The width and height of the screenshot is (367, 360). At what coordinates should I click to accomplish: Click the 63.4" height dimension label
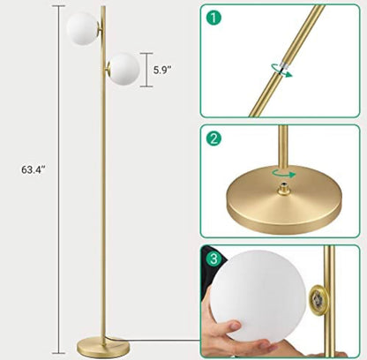(x=34, y=169)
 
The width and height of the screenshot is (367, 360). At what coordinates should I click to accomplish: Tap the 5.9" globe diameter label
(x=161, y=70)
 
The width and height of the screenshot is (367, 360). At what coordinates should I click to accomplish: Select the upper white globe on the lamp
(x=83, y=28)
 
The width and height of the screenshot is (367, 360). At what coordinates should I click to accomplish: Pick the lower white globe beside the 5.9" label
(x=124, y=69)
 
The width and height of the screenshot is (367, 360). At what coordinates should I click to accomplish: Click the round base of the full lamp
(x=103, y=348)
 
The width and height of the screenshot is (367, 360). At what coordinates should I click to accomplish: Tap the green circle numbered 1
(x=213, y=18)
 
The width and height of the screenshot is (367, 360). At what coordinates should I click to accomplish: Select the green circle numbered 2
(x=213, y=138)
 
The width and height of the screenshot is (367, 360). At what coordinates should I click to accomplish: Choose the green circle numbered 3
(x=213, y=259)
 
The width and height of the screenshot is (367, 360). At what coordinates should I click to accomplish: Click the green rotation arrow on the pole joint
(x=281, y=71)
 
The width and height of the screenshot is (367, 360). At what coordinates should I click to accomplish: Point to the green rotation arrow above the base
(x=283, y=173)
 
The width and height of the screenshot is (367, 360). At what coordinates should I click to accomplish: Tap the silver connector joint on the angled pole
(x=284, y=66)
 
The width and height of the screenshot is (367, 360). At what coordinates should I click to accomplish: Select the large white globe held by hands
(x=254, y=296)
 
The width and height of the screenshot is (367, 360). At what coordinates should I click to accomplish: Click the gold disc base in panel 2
(x=284, y=200)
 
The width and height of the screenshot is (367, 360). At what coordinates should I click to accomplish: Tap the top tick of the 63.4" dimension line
(x=59, y=6)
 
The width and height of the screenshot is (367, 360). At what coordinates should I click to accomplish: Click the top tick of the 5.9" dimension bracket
(x=146, y=53)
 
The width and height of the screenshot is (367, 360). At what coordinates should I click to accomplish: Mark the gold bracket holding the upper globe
(x=101, y=29)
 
